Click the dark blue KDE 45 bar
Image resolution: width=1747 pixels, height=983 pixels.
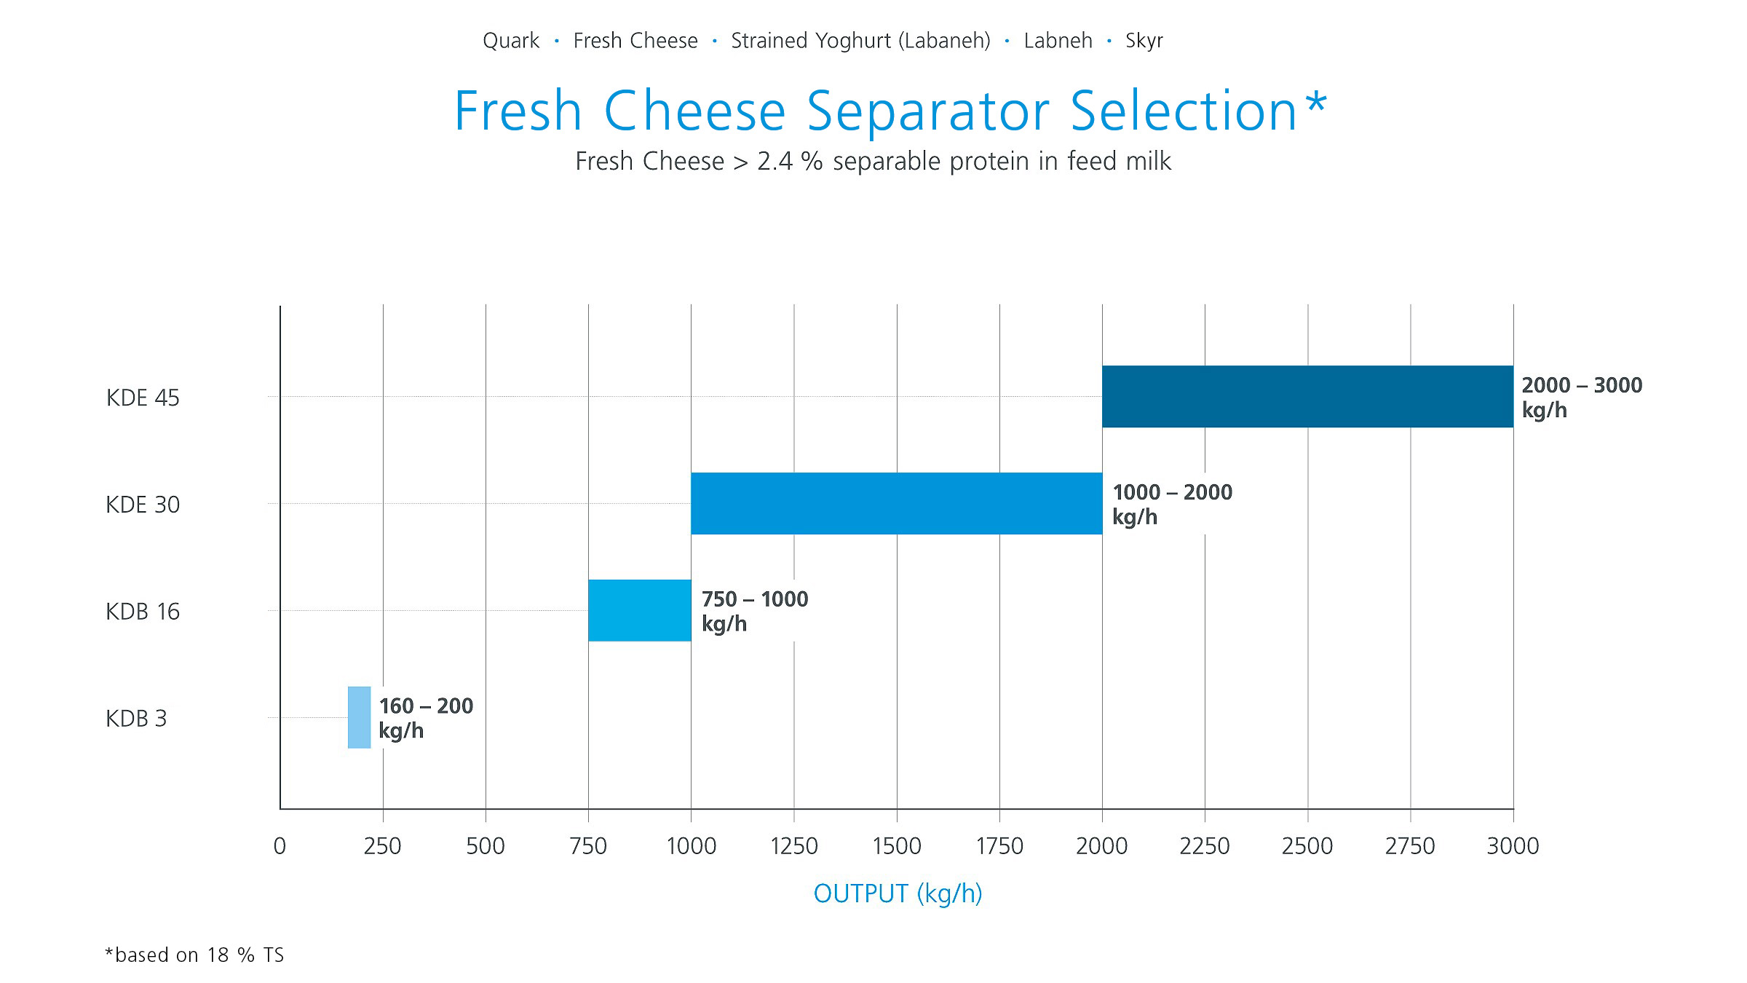pos(1307,396)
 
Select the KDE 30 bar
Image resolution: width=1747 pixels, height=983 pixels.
pos(896,503)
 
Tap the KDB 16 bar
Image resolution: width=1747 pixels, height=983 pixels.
pos(639,610)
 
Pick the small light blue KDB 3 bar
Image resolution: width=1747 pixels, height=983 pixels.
pos(359,717)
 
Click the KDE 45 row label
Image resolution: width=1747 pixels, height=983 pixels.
pos(143,398)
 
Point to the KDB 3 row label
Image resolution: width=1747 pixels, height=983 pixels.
pos(136,719)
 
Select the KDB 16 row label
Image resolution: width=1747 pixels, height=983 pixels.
pos(143,612)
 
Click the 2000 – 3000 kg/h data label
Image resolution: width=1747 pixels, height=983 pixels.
pos(1581,397)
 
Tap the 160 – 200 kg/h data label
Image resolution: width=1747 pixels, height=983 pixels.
pos(426,717)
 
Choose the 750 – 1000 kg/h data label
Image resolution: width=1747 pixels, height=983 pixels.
pos(754,611)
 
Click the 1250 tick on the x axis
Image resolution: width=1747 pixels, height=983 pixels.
pos(794,846)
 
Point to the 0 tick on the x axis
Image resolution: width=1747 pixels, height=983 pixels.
pos(280,846)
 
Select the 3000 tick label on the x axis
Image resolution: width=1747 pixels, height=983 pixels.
pos(1513,846)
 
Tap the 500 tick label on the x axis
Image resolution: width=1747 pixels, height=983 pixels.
pos(486,846)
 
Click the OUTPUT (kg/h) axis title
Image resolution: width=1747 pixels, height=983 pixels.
pos(898,893)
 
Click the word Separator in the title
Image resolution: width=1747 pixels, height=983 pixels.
pos(928,111)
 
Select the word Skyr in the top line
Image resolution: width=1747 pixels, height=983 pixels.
pos(1144,41)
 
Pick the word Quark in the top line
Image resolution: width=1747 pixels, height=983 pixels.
pos(511,41)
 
